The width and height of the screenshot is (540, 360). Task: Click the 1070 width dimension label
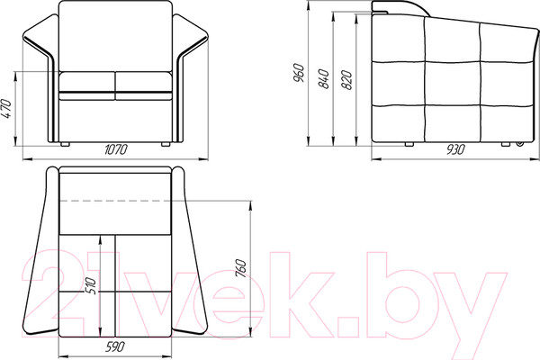pos(116,149)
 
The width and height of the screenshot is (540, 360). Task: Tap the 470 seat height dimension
pos(6,108)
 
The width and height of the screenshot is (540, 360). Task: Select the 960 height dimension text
pos(298,73)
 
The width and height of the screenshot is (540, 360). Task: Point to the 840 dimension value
pos(324,79)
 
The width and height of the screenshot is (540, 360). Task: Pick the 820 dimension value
pos(347,80)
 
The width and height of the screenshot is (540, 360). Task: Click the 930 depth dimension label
pos(455,149)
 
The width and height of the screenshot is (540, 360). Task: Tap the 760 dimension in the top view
pos(241,268)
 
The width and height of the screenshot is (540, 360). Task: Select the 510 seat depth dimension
pos(91,285)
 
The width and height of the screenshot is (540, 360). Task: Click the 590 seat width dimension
pos(114,346)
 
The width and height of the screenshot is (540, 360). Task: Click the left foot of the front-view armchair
pos(65,144)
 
